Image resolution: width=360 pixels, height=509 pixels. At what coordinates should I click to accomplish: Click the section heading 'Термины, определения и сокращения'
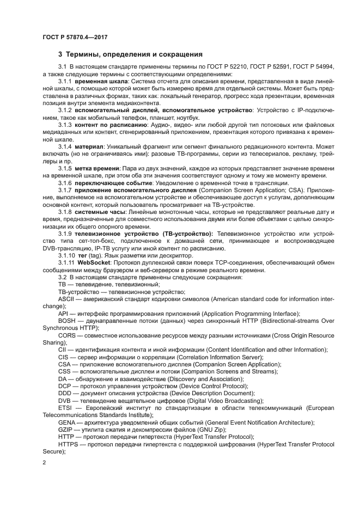pyautogui.click(x=130, y=54)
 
